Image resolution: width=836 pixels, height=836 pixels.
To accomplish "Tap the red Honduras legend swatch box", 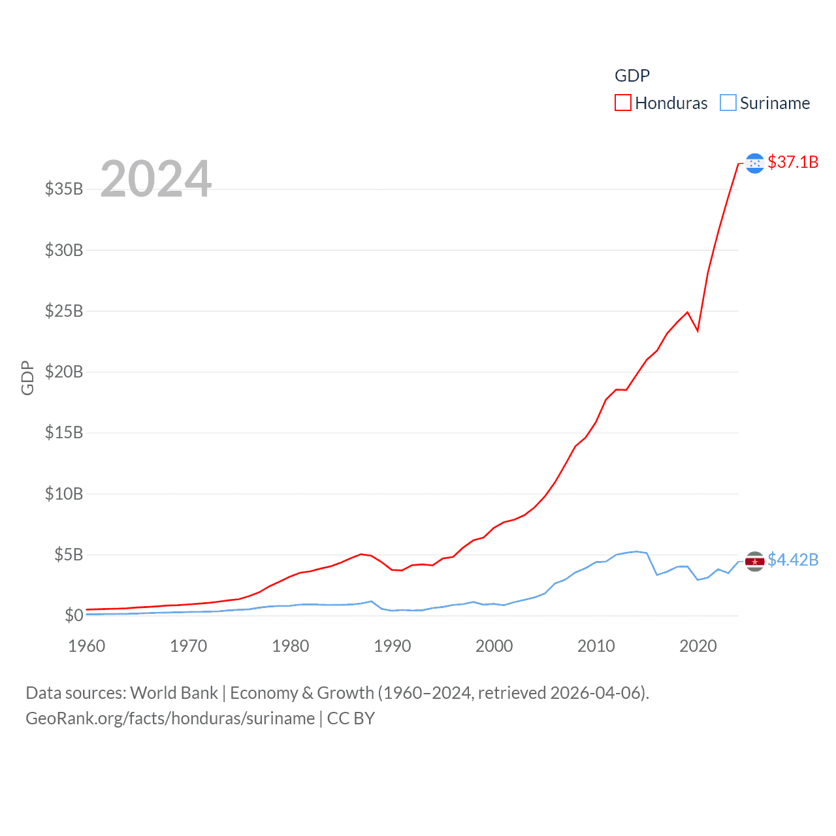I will pyautogui.click(x=623, y=103).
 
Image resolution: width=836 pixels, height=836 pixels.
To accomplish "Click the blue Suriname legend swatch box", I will pyautogui.click(x=728, y=103).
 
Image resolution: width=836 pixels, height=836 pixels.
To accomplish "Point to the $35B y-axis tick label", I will pyautogui.click(x=64, y=189).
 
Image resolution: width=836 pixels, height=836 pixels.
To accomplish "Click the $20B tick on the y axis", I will pyautogui.click(x=64, y=372).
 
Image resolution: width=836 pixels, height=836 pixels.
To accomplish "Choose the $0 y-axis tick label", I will pyautogui.click(x=74, y=615).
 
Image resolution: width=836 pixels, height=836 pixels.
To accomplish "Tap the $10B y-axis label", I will pyautogui.click(x=64, y=494).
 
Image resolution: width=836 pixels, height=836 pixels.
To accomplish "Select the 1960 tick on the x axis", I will pyautogui.click(x=87, y=646).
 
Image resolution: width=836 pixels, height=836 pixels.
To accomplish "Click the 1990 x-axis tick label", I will pyautogui.click(x=393, y=646).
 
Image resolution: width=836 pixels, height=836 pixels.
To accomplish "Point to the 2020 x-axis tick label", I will pyautogui.click(x=698, y=646).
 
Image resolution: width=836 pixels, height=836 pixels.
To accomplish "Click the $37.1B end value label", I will pyautogui.click(x=793, y=162).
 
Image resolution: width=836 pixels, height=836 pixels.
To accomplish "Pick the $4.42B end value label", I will pyautogui.click(x=793, y=560).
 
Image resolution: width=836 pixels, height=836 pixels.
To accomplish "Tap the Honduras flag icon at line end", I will pyautogui.click(x=755, y=163).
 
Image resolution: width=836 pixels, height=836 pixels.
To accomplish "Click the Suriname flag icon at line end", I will pyautogui.click(x=755, y=561).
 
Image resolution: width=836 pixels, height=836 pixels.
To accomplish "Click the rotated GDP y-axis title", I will pyautogui.click(x=27, y=378).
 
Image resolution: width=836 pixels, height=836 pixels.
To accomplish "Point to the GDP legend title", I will pyautogui.click(x=632, y=76).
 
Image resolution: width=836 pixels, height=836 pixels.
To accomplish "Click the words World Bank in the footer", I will pyautogui.click(x=174, y=692).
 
